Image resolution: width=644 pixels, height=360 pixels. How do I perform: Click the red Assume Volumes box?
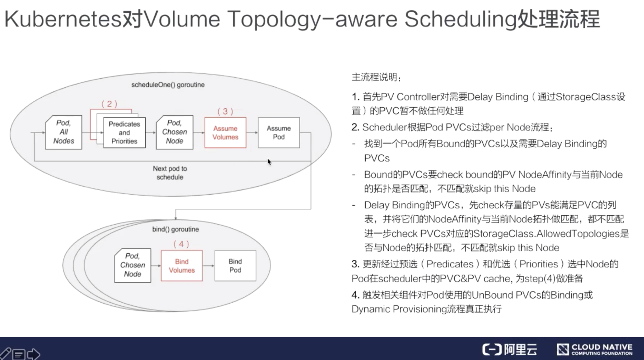[225, 133]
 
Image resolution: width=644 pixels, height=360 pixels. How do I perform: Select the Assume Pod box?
[279, 133]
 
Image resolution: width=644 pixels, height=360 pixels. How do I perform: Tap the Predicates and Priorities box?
[124, 133]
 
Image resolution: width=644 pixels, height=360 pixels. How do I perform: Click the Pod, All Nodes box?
[64, 132]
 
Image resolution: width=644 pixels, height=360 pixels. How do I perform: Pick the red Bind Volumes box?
[181, 266]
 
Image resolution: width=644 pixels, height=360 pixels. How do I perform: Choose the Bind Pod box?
[235, 266]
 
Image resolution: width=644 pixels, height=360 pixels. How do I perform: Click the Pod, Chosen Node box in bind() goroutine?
[132, 265]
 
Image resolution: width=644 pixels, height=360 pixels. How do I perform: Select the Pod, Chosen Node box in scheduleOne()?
[174, 132]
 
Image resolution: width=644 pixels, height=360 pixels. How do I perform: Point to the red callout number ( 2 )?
[109, 104]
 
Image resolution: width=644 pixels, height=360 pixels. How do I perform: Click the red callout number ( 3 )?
[225, 111]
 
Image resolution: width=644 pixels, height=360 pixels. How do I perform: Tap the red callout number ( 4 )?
[181, 244]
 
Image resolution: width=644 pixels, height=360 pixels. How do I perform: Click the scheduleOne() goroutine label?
[168, 85]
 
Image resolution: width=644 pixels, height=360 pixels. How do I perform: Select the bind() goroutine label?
[175, 229]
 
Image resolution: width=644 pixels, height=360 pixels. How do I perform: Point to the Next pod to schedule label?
[170, 173]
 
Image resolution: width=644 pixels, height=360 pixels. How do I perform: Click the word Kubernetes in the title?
[63, 19]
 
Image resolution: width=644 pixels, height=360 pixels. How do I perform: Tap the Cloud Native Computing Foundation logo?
[594, 349]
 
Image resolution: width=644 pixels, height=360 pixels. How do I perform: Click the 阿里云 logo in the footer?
[509, 349]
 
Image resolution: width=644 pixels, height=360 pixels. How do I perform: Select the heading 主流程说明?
[376, 77]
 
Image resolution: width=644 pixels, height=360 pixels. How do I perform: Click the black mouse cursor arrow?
[269, 162]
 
